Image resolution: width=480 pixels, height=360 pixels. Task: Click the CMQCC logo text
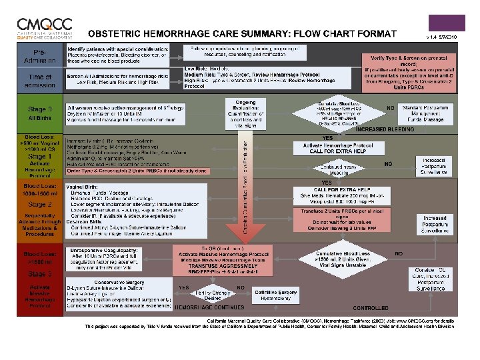pos(41,25)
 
